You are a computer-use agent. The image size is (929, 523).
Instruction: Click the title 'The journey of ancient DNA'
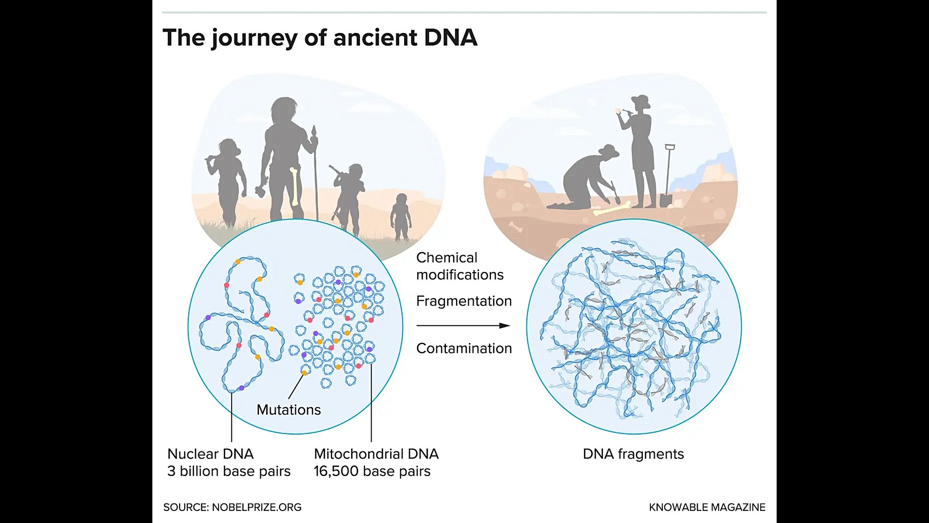[x=320, y=38]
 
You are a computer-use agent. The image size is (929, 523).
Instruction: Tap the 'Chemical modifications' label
[x=459, y=266]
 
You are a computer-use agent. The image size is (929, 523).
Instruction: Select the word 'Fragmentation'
[x=464, y=301]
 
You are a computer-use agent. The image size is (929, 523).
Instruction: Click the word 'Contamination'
[x=464, y=348]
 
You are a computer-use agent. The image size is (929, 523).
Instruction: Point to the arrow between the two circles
[x=463, y=325]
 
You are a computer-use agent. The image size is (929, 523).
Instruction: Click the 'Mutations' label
[x=288, y=410]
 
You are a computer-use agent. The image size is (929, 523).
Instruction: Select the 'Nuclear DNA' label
[x=210, y=454]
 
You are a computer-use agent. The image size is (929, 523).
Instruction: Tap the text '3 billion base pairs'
[x=229, y=471]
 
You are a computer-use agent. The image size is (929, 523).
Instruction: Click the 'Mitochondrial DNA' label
[x=376, y=454]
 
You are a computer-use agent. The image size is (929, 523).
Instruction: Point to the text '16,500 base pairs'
[x=372, y=471]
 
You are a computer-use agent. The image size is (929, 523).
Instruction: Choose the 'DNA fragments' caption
[x=633, y=454]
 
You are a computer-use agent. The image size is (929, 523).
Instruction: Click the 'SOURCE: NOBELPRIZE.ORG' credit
[x=232, y=507]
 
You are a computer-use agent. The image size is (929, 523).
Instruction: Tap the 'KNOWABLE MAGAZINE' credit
[x=707, y=507]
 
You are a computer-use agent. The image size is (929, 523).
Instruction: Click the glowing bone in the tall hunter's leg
[x=294, y=186]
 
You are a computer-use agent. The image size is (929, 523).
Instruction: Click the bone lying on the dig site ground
[x=612, y=209]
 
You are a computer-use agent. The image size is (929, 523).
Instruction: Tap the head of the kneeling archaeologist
[x=608, y=152]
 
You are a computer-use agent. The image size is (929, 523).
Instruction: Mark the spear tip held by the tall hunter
[x=314, y=131]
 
